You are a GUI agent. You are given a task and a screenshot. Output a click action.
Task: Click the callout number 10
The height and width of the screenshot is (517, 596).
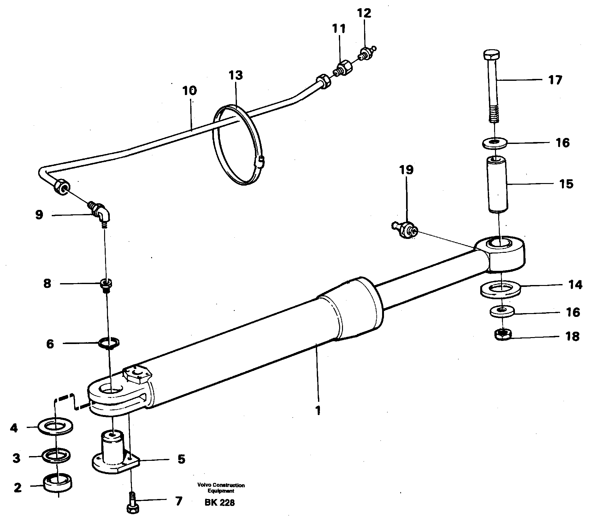point(189,91)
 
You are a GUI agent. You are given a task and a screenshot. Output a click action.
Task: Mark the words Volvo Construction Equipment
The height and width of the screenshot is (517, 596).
point(221,488)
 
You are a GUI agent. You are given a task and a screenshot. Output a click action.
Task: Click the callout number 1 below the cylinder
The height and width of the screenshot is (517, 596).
point(318,410)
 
